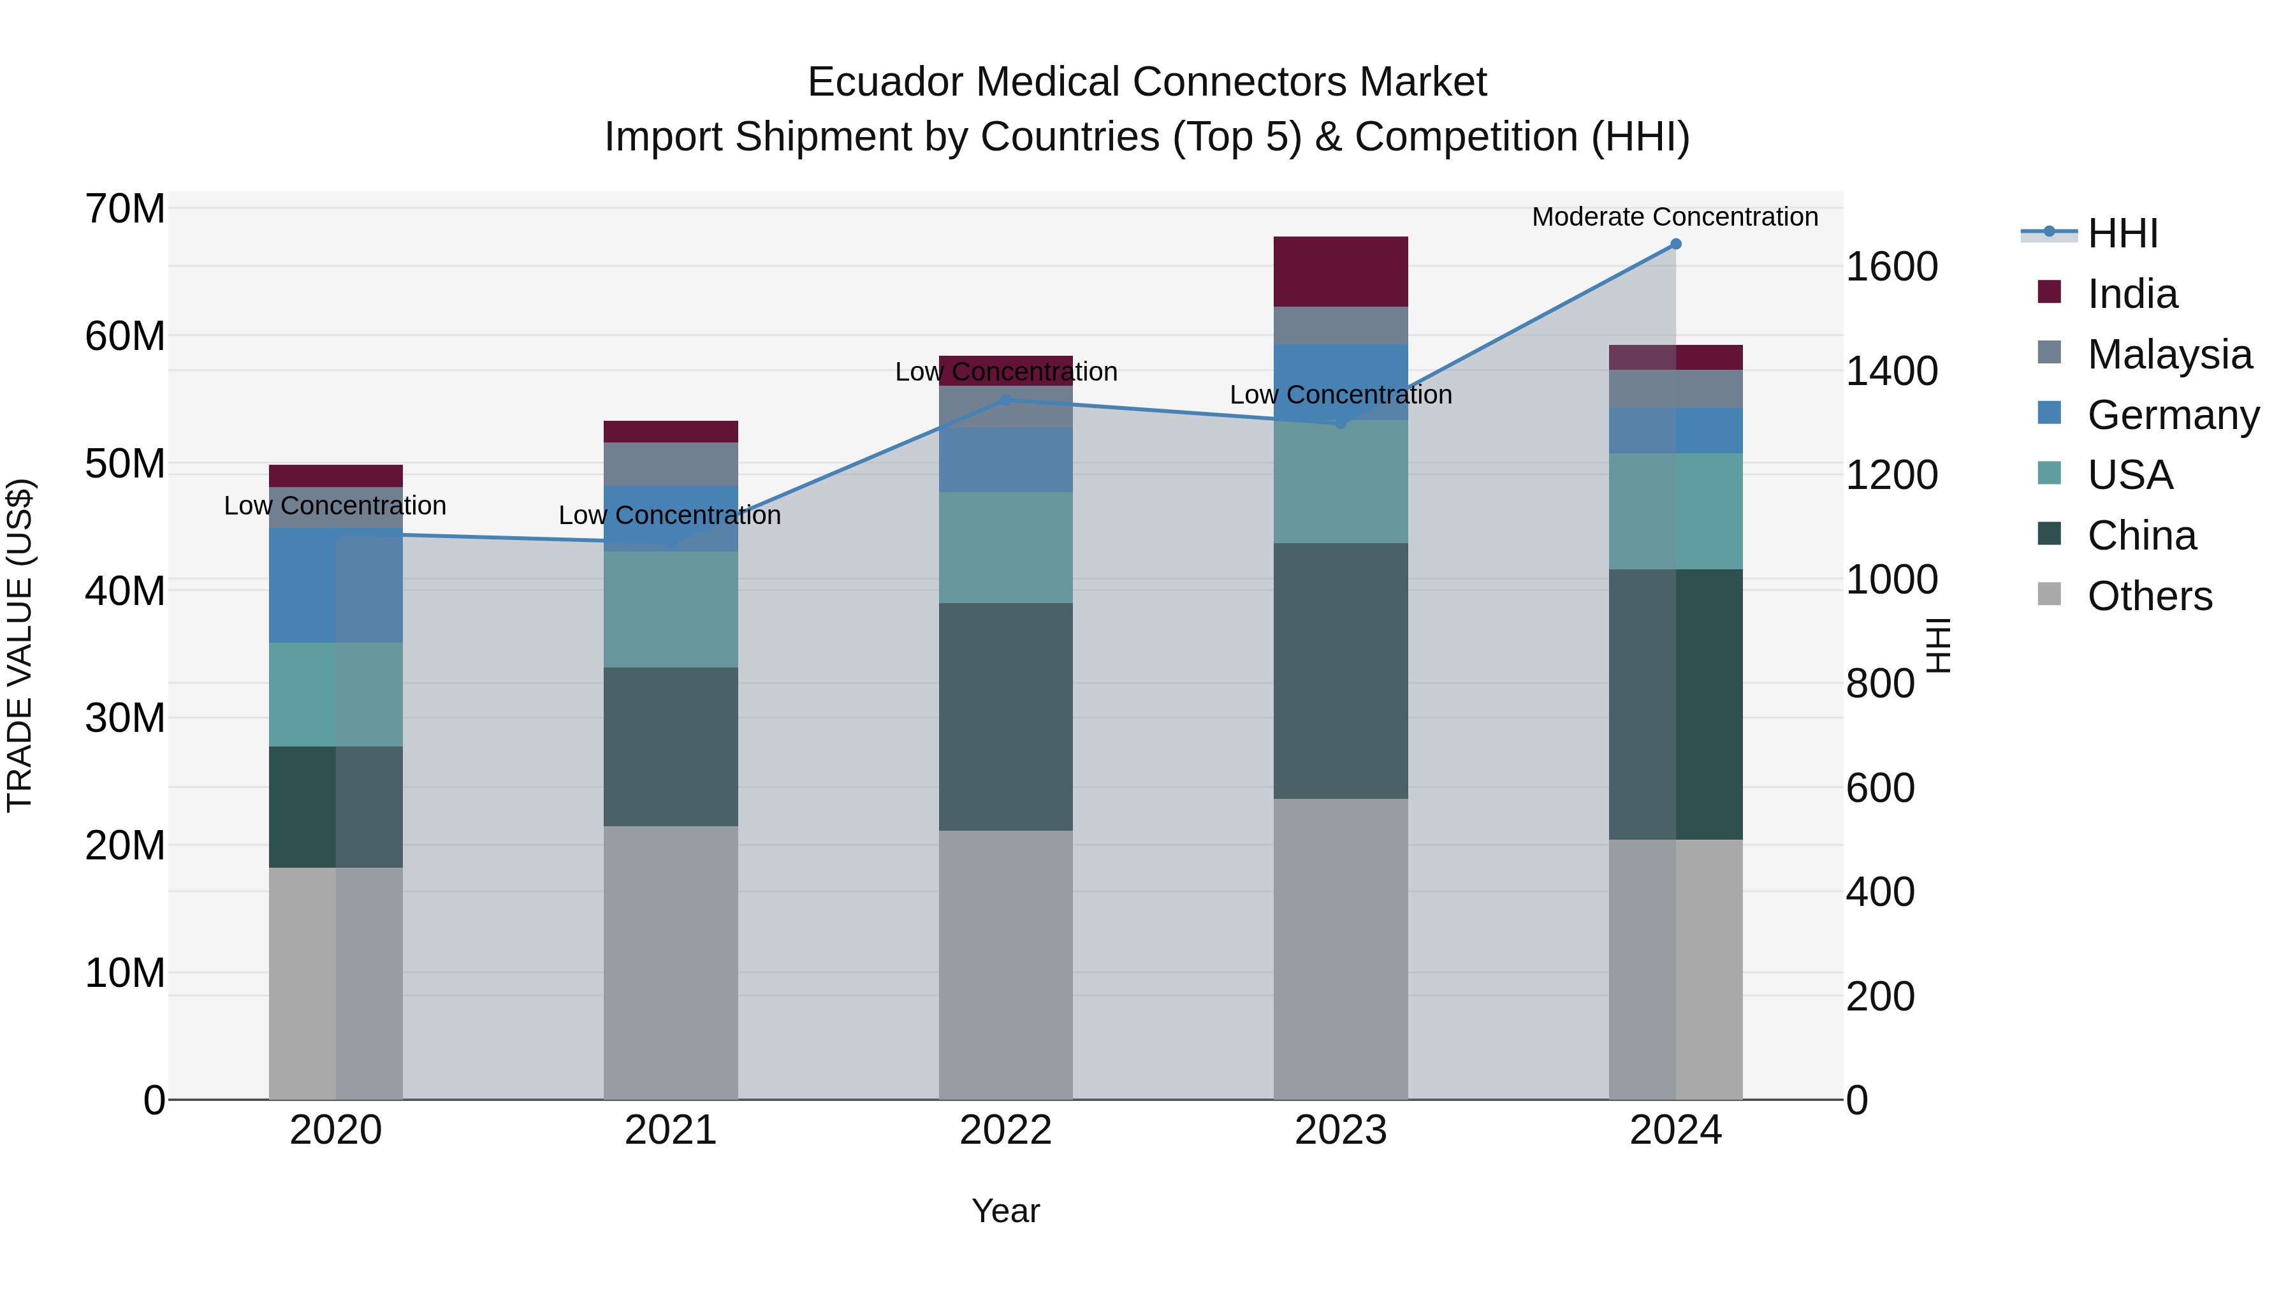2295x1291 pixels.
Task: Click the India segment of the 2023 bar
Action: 1340,272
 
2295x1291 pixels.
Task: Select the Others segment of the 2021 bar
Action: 670,962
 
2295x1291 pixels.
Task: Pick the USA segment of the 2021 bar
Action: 670,609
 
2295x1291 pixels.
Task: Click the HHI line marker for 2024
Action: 1675,244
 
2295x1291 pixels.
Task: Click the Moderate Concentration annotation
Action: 1674,217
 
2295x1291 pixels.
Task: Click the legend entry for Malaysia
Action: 2169,354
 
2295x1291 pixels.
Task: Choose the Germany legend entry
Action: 2172,414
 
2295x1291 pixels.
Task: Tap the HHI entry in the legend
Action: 2122,233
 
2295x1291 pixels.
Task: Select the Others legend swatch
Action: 2049,594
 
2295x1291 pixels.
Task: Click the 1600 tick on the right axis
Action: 1891,266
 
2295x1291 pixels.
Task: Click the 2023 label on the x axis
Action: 1340,1130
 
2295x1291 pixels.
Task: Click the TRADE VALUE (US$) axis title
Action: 20,645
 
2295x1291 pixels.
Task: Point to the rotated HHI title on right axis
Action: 1939,645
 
